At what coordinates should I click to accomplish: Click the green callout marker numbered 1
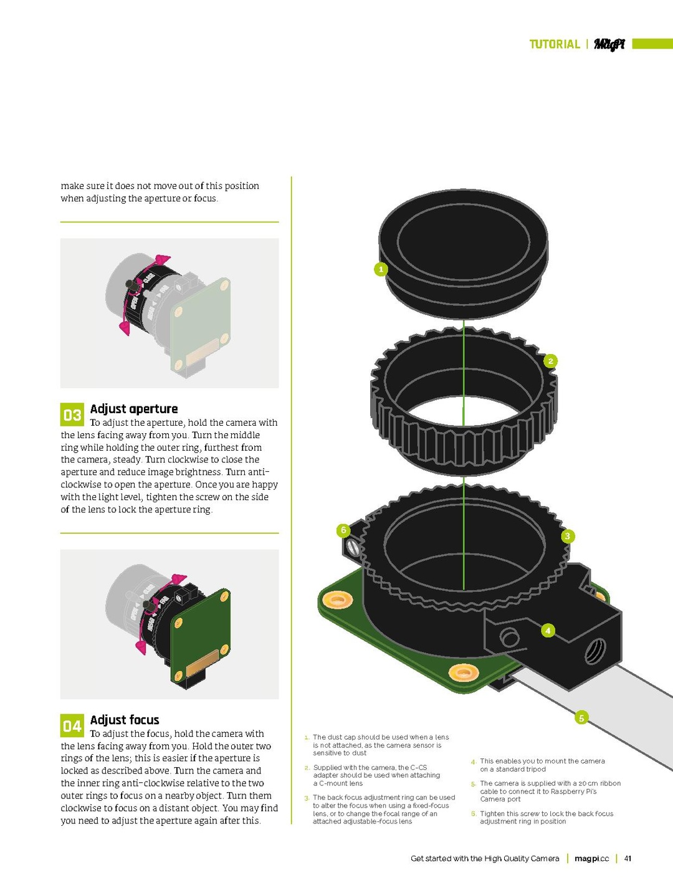pyautogui.click(x=381, y=269)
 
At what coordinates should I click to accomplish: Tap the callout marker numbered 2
pyautogui.click(x=550, y=361)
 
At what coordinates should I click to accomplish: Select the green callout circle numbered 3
pyautogui.click(x=567, y=536)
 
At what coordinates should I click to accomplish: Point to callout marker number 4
pyautogui.click(x=548, y=630)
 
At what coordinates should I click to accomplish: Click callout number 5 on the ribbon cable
pyautogui.click(x=581, y=718)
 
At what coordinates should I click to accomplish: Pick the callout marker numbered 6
pyautogui.click(x=343, y=530)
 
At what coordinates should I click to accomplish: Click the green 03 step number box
pyautogui.click(x=72, y=415)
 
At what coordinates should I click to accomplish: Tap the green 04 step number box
pyautogui.click(x=72, y=726)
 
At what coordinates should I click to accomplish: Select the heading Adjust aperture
pyautogui.click(x=134, y=409)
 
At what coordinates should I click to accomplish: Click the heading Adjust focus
pyautogui.click(x=125, y=720)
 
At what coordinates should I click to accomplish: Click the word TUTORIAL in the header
pyautogui.click(x=555, y=44)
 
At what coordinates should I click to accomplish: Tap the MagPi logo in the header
pyautogui.click(x=609, y=44)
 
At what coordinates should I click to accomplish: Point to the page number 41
pyautogui.click(x=628, y=858)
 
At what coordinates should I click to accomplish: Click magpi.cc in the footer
pyautogui.click(x=591, y=858)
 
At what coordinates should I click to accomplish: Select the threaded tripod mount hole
pyautogui.click(x=594, y=652)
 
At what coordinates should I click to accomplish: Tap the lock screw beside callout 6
pyautogui.click(x=353, y=548)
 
